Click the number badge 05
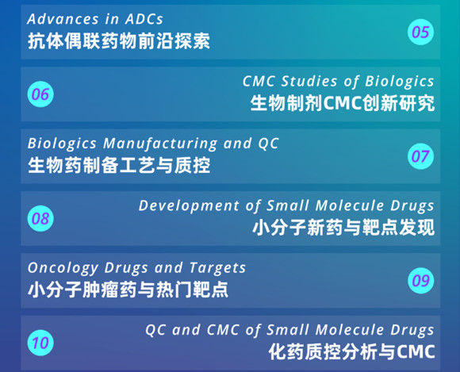(x=420, y=32)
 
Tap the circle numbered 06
(x=40, y=94)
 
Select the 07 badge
(x=420, y=156)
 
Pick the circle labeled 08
(x=40, y=219)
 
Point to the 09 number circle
(x=420, y=281)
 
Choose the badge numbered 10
(x=40, y=343)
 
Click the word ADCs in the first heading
(x=144, y=19)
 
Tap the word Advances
(x=63, y=19)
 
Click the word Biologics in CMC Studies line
(x=399, y=82)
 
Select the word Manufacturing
(x=160, y=144)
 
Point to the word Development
(x=189, y=206)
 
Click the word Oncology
(x=63, y=268)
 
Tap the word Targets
(x=217, y=268)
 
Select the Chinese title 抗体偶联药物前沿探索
(x=119, y=40)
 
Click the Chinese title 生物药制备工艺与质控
(x=119, y=165)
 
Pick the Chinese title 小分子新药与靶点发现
(x=343, y=228)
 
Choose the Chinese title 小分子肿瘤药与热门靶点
(x=128, y=290)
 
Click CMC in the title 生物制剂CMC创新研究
(x=343, y=103)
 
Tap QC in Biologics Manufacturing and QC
(x=268, y=144)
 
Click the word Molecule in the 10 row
(x=350, y=330)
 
